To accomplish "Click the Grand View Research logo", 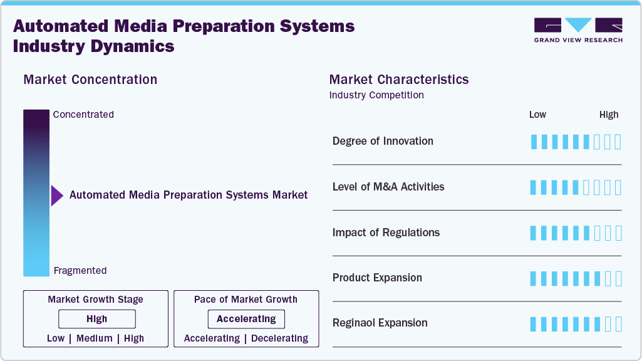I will point(577,30).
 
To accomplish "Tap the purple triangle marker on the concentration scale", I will point(56,196).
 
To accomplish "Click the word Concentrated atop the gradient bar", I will point(83,115).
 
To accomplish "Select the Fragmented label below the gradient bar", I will point(80,271).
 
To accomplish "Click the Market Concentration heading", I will point(90,80).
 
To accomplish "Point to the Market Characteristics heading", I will point(398,80).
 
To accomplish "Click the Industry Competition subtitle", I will point(376,95).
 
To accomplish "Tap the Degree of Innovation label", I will point(383,141).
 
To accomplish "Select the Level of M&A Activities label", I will point(388,187).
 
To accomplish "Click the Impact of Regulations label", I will point(386,233).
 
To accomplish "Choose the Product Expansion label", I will point(377,278).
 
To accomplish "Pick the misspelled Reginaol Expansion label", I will point(380,323).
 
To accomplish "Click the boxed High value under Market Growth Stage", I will point(97,319).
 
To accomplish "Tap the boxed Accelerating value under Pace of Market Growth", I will point(246,319).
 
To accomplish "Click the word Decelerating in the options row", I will point(279,338).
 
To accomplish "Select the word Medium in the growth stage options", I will point(95,338).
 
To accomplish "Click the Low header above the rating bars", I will point(537,115).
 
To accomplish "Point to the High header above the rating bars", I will point(609,115).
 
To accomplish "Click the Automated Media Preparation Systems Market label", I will point(189,195).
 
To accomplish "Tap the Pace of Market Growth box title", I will point(246,300).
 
